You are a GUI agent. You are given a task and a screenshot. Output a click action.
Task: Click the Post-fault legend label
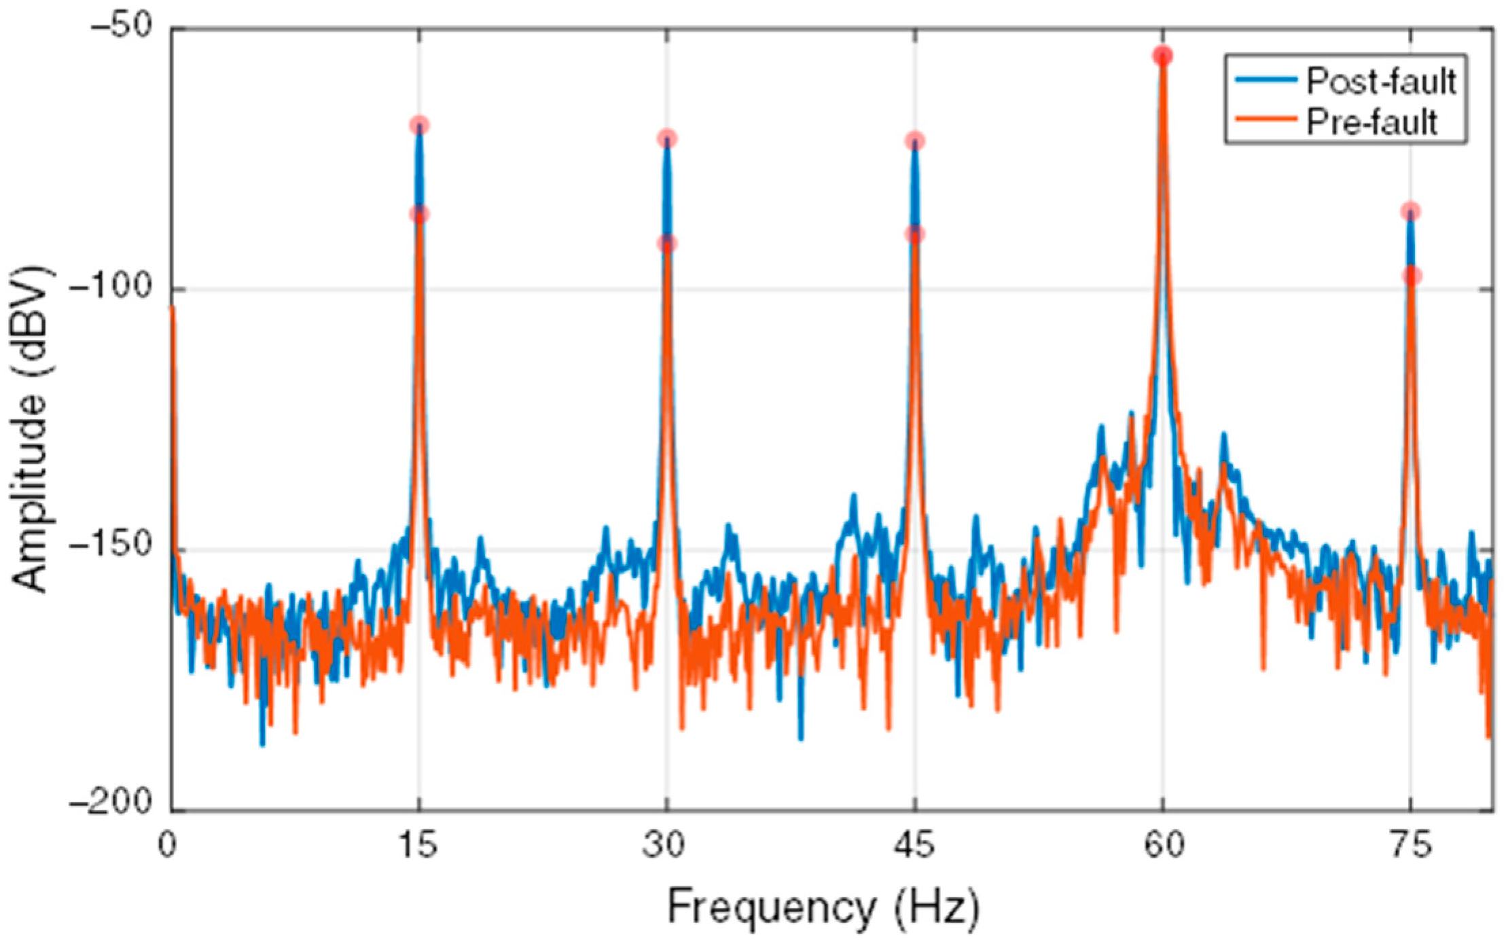point(1381,81)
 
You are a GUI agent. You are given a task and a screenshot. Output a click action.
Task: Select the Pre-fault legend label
point(1372,122)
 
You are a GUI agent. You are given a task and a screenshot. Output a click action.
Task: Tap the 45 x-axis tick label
point(915,846)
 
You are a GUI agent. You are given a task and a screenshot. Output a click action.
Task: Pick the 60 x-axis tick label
point(1163,846)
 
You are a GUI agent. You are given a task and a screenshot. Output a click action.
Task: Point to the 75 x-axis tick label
point(1410,846)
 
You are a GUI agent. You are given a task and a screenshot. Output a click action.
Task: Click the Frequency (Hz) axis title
point(823,908)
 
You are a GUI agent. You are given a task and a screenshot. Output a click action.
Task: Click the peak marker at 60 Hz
point(1163,56)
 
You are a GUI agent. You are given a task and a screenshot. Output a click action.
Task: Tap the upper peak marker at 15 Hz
point(419,125)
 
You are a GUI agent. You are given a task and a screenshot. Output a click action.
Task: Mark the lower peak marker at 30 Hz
point(667,243)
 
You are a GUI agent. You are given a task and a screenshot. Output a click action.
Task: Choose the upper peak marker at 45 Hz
point(915,141)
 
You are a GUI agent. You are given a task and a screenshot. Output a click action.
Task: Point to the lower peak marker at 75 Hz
point(1411,276)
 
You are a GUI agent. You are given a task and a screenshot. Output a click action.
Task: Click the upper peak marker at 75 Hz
point(1410,211)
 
